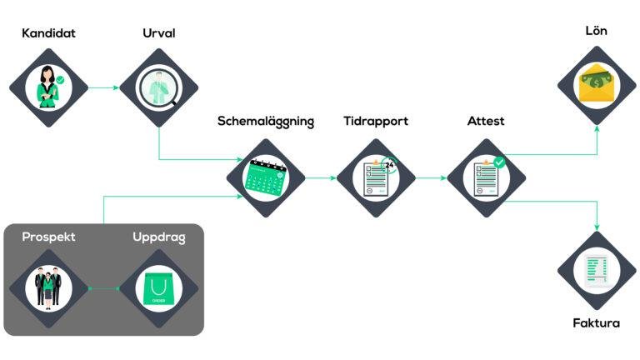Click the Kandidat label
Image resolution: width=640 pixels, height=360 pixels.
(48, 34)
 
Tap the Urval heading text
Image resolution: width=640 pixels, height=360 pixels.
(158, 34)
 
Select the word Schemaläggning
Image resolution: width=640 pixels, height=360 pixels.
(266, 122)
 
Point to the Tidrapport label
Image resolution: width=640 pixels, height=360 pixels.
(376, 122)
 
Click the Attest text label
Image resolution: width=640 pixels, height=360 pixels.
(486, 122)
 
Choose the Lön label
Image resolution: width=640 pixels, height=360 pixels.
(597, 31)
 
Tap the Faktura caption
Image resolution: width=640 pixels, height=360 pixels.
(597, 322)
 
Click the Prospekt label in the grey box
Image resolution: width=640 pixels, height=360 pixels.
(48, 237)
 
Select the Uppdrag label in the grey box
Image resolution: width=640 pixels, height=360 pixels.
(158, 237)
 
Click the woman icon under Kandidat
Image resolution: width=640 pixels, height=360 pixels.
(48, 87)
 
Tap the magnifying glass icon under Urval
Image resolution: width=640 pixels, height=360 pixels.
(158, 87)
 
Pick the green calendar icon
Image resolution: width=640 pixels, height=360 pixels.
(266, 177)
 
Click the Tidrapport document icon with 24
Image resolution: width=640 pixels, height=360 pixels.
(376, 177)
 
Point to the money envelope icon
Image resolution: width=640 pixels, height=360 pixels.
(597, 83)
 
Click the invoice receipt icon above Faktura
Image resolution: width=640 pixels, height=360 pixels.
(597, 272)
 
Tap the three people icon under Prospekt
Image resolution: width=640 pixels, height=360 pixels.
(48, 288)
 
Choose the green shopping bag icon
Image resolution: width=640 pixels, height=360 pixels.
(158, 288)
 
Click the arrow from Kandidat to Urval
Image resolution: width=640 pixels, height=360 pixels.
(103, 87)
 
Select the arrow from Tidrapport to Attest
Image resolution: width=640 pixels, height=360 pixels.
(431, 177)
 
